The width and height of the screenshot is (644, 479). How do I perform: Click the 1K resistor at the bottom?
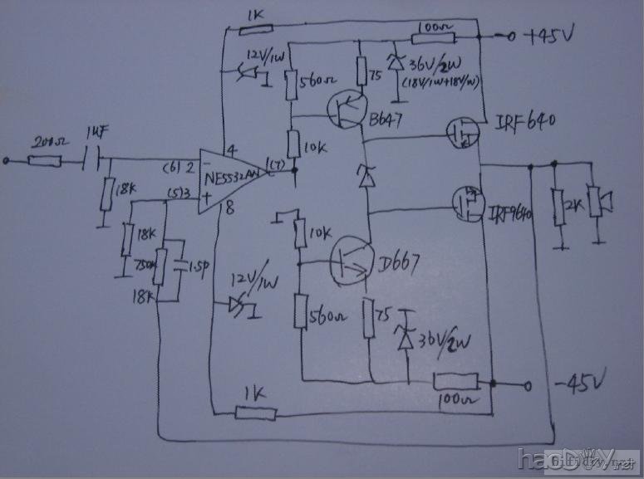click(252, 411)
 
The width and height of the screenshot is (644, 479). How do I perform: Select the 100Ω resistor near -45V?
click(455, 383)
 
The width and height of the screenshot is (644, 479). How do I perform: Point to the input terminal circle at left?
click(7, 159)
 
